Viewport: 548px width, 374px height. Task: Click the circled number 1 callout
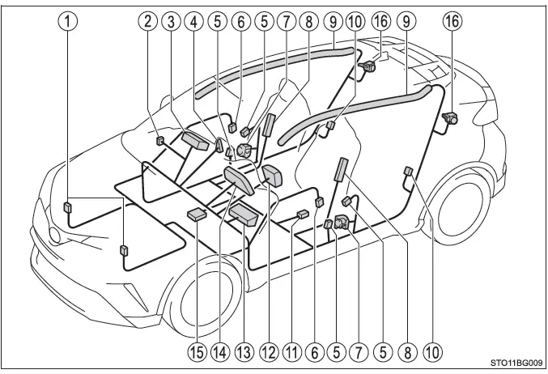(67, 22)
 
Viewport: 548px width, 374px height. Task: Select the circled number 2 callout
(148, 22)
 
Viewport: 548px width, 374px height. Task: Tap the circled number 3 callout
(171, 22)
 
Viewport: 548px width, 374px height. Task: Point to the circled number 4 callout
(193, 22)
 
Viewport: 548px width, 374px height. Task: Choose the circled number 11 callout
(292, 351)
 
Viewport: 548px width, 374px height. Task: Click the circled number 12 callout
(269, 351)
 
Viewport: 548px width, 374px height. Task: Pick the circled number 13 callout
(244, 351)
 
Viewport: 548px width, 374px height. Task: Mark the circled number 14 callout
(220, 351)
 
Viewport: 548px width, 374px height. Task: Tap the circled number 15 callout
(197, 351)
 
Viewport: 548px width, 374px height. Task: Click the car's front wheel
(204, 295)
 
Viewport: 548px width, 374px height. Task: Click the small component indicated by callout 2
(159, 141)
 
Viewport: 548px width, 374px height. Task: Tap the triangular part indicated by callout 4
(219, 145)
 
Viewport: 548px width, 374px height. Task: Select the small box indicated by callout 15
(197, 214)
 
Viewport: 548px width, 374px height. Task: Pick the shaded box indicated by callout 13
(244, 215)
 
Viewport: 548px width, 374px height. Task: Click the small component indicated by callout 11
(303, 214)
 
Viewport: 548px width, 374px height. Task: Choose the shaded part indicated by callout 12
(271, 176)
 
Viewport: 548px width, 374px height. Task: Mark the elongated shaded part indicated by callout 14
(239, 181)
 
